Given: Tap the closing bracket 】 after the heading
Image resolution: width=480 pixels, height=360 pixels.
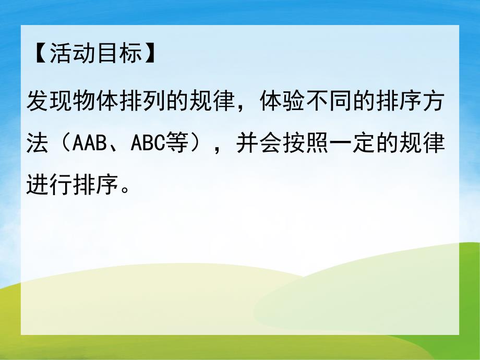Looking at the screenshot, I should click(x=151, y=54).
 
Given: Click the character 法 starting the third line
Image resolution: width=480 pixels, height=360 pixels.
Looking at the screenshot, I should click(x=37, y=142).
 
